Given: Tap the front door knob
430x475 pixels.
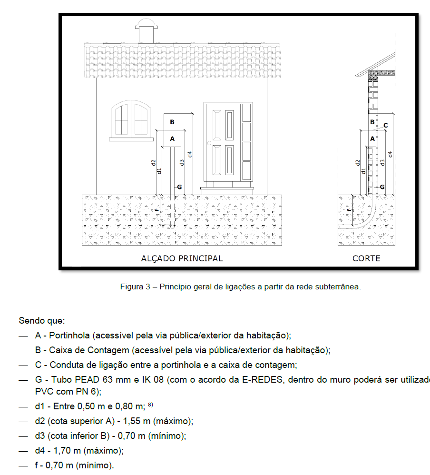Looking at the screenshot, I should coord(209,143).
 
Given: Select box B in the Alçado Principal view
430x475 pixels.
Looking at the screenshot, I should coord(172,122).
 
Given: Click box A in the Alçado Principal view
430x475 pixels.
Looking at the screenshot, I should coord(172,139).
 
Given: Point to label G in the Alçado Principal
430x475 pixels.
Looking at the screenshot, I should coord(179,187).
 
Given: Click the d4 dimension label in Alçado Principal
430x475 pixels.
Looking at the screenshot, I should coord(189,154).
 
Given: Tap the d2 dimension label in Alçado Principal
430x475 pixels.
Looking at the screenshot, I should coord(154,162).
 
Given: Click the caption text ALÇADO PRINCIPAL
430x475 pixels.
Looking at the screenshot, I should coord(182,258).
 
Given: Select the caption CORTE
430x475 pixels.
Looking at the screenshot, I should coord(366,258).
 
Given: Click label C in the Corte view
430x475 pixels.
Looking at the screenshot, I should coord(385,126).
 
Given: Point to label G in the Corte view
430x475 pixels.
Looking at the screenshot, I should coord(381,187).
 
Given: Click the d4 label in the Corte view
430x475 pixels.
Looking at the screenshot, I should coord(390,154).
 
